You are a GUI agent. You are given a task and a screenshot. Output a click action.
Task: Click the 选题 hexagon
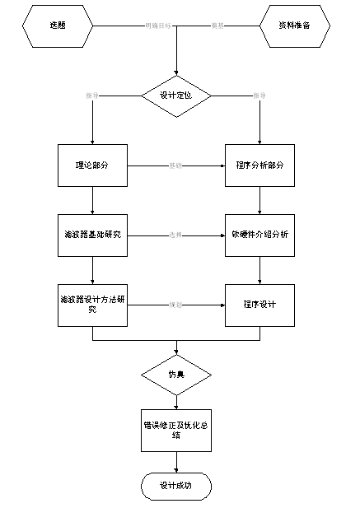tap(57, 26)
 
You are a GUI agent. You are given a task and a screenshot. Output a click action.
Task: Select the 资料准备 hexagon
tap(294, 26)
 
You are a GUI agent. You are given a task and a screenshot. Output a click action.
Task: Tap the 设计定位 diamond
tap(176, 96)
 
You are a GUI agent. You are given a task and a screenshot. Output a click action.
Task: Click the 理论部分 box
tap(92, 165)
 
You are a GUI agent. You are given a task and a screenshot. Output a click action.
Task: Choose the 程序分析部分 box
tap(260, 165)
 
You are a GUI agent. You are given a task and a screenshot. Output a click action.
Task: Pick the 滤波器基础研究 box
tap(92, 235)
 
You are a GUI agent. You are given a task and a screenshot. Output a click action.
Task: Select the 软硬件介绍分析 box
tap(260, 235)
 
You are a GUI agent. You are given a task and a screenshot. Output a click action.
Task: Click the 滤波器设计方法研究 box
tap(92, 304)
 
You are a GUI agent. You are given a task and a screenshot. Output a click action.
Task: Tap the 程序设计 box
tap(260, 304)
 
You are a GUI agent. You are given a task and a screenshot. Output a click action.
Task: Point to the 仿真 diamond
tap(176, 375)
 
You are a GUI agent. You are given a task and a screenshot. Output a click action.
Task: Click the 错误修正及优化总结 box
tap(176, 430)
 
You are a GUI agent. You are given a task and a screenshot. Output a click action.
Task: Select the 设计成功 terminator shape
tap(176, 487)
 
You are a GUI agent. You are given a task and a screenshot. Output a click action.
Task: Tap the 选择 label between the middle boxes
tap(175, 235)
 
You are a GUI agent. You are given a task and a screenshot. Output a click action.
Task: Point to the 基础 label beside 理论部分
tap(175, 165)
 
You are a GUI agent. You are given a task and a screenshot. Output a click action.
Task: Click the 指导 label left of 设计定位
tap(92, 96)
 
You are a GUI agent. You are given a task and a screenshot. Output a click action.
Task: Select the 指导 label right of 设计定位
tap(260, 96)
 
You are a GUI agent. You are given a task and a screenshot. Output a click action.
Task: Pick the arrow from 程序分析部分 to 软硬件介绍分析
tap(260, 201)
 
